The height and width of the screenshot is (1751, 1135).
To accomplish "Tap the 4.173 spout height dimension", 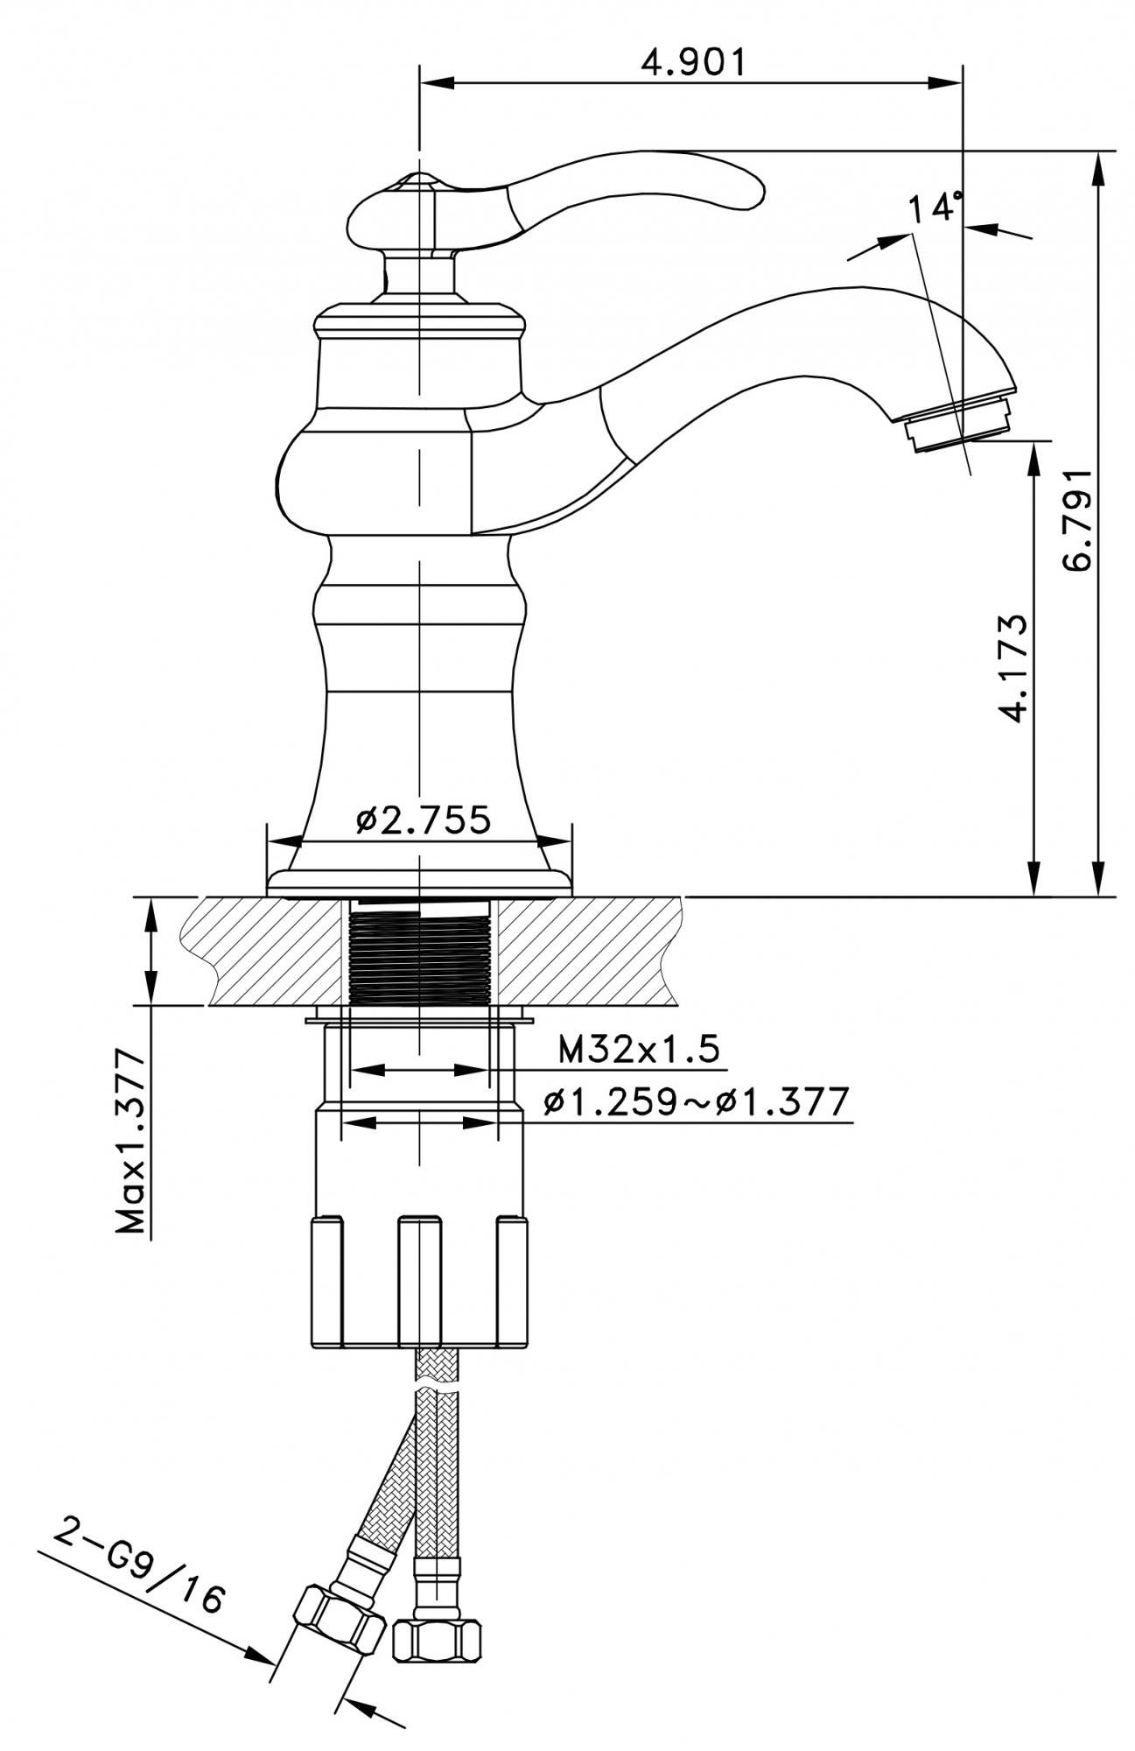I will pos(1012,668).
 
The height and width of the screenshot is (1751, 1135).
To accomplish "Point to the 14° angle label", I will pos(935,208).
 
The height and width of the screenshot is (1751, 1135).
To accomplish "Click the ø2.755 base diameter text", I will pos(424,820).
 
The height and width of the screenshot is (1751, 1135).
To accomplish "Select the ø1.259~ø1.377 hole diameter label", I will pos(696,1101).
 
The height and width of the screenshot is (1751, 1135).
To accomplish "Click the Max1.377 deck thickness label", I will pos(131,1141).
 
